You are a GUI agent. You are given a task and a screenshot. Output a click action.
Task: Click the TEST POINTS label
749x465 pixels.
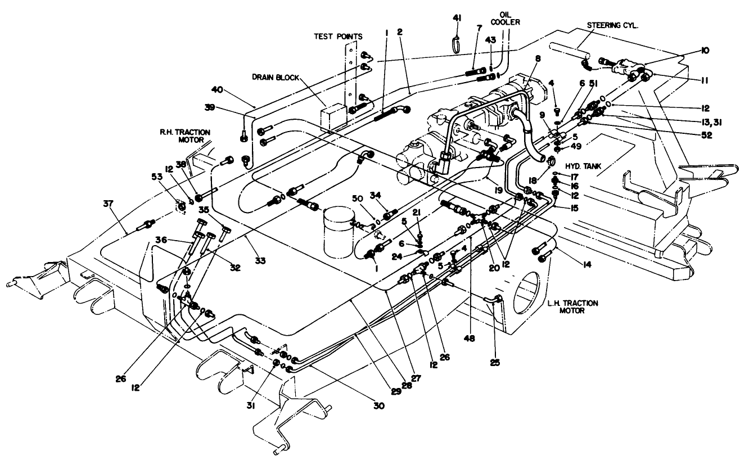(x=338, y=36)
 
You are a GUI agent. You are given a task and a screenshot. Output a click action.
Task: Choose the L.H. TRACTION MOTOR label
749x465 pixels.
(x=572, y=306)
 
